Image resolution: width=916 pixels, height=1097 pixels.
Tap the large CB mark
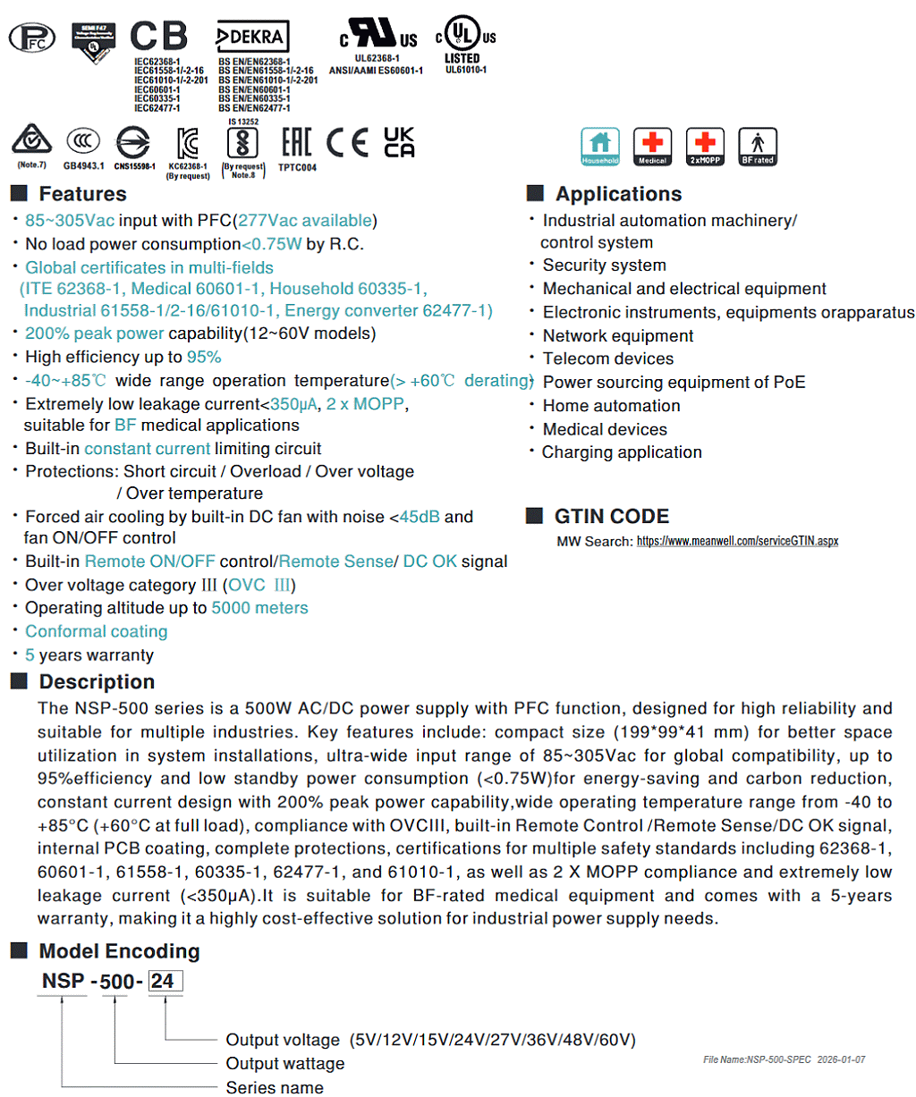(159, 37)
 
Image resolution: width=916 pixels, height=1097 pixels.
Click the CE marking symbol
(347, 143)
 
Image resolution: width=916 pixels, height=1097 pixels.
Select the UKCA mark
(399, 142)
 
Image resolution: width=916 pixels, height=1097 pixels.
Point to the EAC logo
(296, 142)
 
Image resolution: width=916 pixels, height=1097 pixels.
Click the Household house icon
(599, 146)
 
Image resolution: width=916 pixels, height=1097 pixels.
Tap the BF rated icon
(757, 146)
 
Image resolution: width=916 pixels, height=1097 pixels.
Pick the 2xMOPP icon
(705, 146)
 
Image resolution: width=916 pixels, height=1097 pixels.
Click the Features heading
(82, 194)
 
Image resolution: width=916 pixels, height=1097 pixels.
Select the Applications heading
(618, 194)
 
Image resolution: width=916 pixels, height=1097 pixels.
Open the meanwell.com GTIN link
(737, 541)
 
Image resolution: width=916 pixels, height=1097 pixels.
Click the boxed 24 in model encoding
(164, 982)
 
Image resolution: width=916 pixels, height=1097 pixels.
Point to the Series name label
(275, 1087)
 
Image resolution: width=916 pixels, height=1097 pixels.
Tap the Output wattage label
(284, 1063)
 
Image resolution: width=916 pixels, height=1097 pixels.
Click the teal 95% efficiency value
(204, 357)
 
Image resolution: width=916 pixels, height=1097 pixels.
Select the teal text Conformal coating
(96, 631)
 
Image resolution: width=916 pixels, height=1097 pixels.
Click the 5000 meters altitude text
(259, 608)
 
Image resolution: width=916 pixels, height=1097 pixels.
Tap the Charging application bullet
(622, 452)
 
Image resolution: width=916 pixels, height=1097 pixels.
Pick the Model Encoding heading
(119, 951)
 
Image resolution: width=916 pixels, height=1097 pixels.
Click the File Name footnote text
(784, 1059)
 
